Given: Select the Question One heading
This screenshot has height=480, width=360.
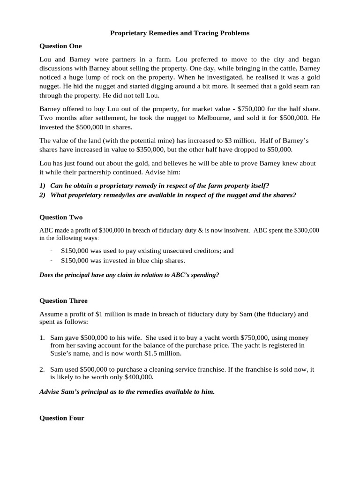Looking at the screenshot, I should click(60, 46).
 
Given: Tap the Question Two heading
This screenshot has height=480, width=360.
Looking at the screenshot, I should click(61, 217).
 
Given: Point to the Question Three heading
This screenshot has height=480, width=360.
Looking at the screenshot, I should click(63, 300).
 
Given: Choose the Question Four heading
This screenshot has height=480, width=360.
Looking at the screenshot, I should click(62, 418).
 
